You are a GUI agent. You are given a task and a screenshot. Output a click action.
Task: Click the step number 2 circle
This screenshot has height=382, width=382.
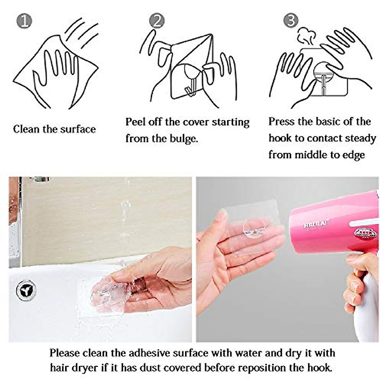[x=157, y=21]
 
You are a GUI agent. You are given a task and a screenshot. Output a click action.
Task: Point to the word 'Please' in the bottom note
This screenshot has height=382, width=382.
[x=65, y=353]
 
